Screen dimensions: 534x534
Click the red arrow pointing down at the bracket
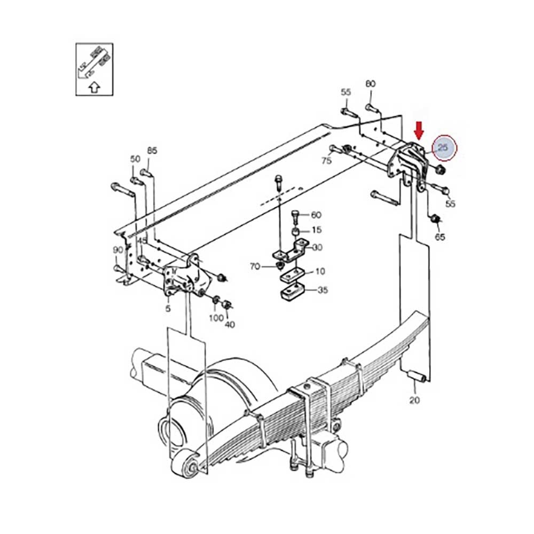419,130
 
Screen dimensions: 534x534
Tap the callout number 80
370,84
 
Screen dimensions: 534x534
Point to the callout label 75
326,160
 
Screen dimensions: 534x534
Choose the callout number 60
316,215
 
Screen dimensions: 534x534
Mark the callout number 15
317,230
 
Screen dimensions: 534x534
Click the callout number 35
323,290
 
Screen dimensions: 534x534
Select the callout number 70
255,265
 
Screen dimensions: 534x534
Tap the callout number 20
415,399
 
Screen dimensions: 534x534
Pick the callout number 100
216,318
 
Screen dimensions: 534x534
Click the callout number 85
152,151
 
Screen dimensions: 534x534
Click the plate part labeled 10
291,276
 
